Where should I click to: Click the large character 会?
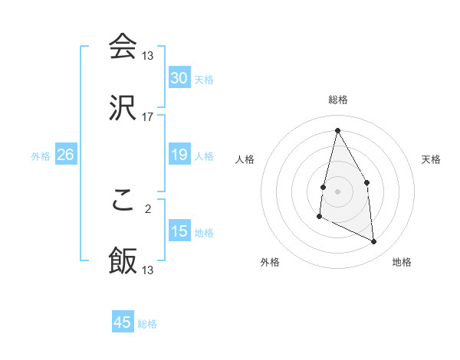[x=123, y=46]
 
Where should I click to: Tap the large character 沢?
[x=123, y=107]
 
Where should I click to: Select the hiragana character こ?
[x=123, y=199]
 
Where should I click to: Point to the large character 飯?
[x=123, y=260]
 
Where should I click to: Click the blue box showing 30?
[x=179, y=78]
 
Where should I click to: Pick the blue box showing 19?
[x=179, y=155]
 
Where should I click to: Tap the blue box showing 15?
[x=179, y=231]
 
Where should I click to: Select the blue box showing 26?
[x=65, y=155]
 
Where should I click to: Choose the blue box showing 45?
[x=123, y=322]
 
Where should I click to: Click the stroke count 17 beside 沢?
[x=148, y=117]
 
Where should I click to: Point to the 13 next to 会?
[x=148, y=56]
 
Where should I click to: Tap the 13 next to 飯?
[x=148, y=270]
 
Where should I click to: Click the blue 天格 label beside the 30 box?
[x=204, y=80]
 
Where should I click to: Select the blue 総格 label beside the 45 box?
[x=147, y=324]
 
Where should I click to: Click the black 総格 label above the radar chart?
[x=338, y=100]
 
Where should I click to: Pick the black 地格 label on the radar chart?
[x=402, y=263]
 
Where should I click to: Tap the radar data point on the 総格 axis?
[x=337, y=130]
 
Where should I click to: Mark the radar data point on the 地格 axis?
[x=374, y=242]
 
